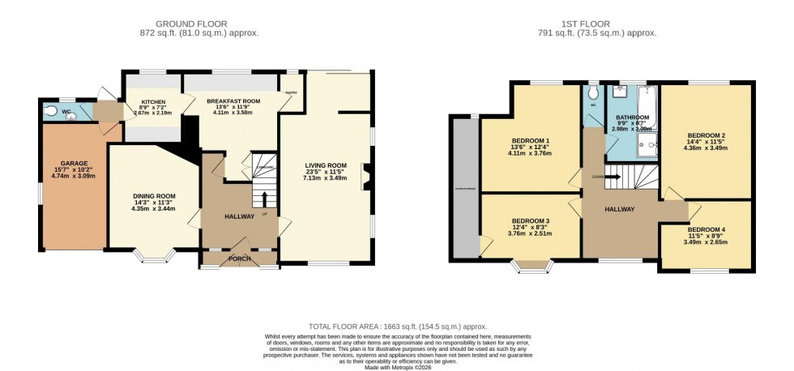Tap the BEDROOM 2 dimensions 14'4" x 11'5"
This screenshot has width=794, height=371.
(705, 141)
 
